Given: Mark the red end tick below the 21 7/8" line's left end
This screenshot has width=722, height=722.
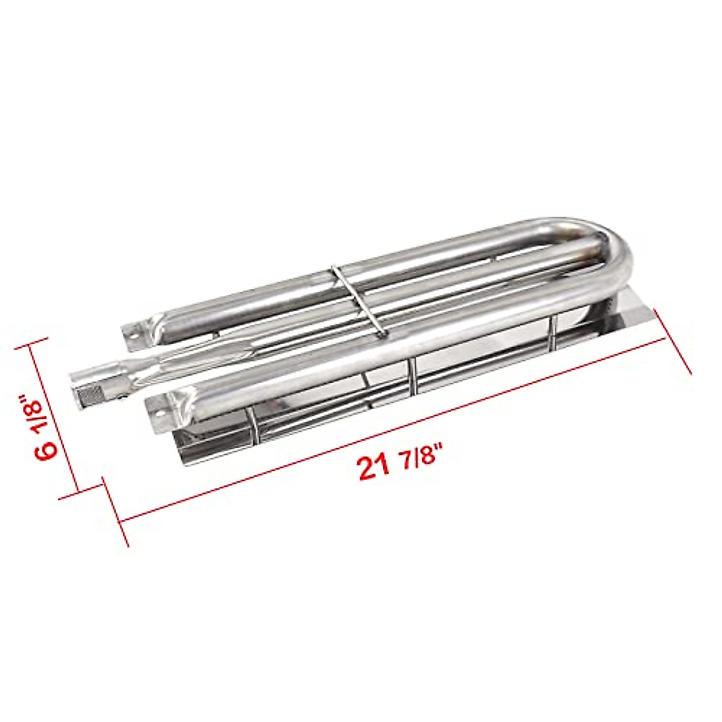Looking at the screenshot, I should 117,512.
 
